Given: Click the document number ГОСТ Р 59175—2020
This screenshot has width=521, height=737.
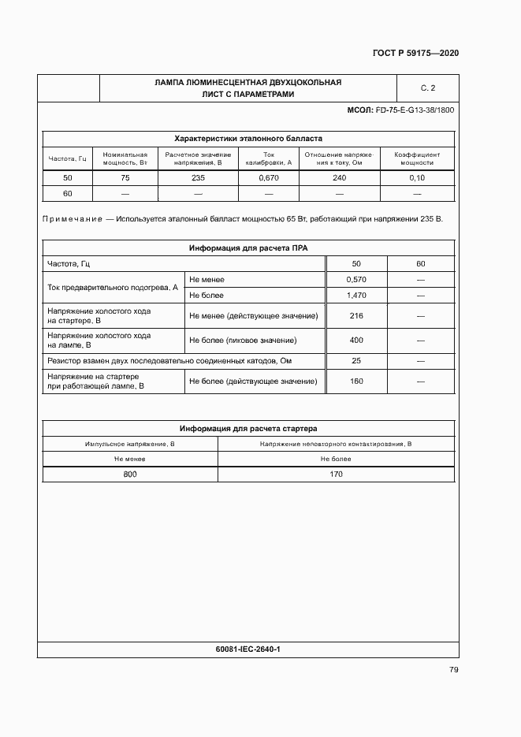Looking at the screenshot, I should tap(415, 53).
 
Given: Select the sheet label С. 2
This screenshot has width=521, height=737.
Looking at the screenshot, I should tap(428, 87).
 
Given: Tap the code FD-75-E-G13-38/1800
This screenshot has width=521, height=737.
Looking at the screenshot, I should tap(415, 110).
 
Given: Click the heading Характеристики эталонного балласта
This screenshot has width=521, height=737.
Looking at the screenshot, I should tap(247, 137).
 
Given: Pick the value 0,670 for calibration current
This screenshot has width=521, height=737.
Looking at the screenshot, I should tap(269, 178).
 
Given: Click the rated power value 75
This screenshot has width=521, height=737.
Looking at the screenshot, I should tap(125, 178).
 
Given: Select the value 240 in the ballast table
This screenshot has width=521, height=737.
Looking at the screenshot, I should tap(339, 178).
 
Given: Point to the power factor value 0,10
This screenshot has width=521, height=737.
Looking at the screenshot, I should tap(417, 178).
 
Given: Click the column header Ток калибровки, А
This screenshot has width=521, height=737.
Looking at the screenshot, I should tap(269, 158).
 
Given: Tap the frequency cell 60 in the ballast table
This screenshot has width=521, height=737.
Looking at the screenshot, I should tap(68, 193).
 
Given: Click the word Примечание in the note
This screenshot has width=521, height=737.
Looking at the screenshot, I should tap(73, 218).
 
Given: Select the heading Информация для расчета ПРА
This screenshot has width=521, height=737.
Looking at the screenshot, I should tap(247, 248).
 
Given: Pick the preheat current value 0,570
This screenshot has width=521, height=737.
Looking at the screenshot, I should tap(356, 279).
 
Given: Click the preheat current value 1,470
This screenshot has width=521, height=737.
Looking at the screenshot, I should tap(356, 295).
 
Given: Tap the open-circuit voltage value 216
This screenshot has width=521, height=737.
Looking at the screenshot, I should tap(356, 316).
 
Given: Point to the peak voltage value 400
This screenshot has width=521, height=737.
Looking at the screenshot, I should tap(356, 341).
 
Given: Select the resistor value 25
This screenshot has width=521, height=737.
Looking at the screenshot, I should tap(356, 361).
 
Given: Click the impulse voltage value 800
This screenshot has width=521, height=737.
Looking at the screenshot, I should tap(130, 474).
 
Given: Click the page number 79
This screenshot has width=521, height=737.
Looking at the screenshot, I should tap(453, 670).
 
